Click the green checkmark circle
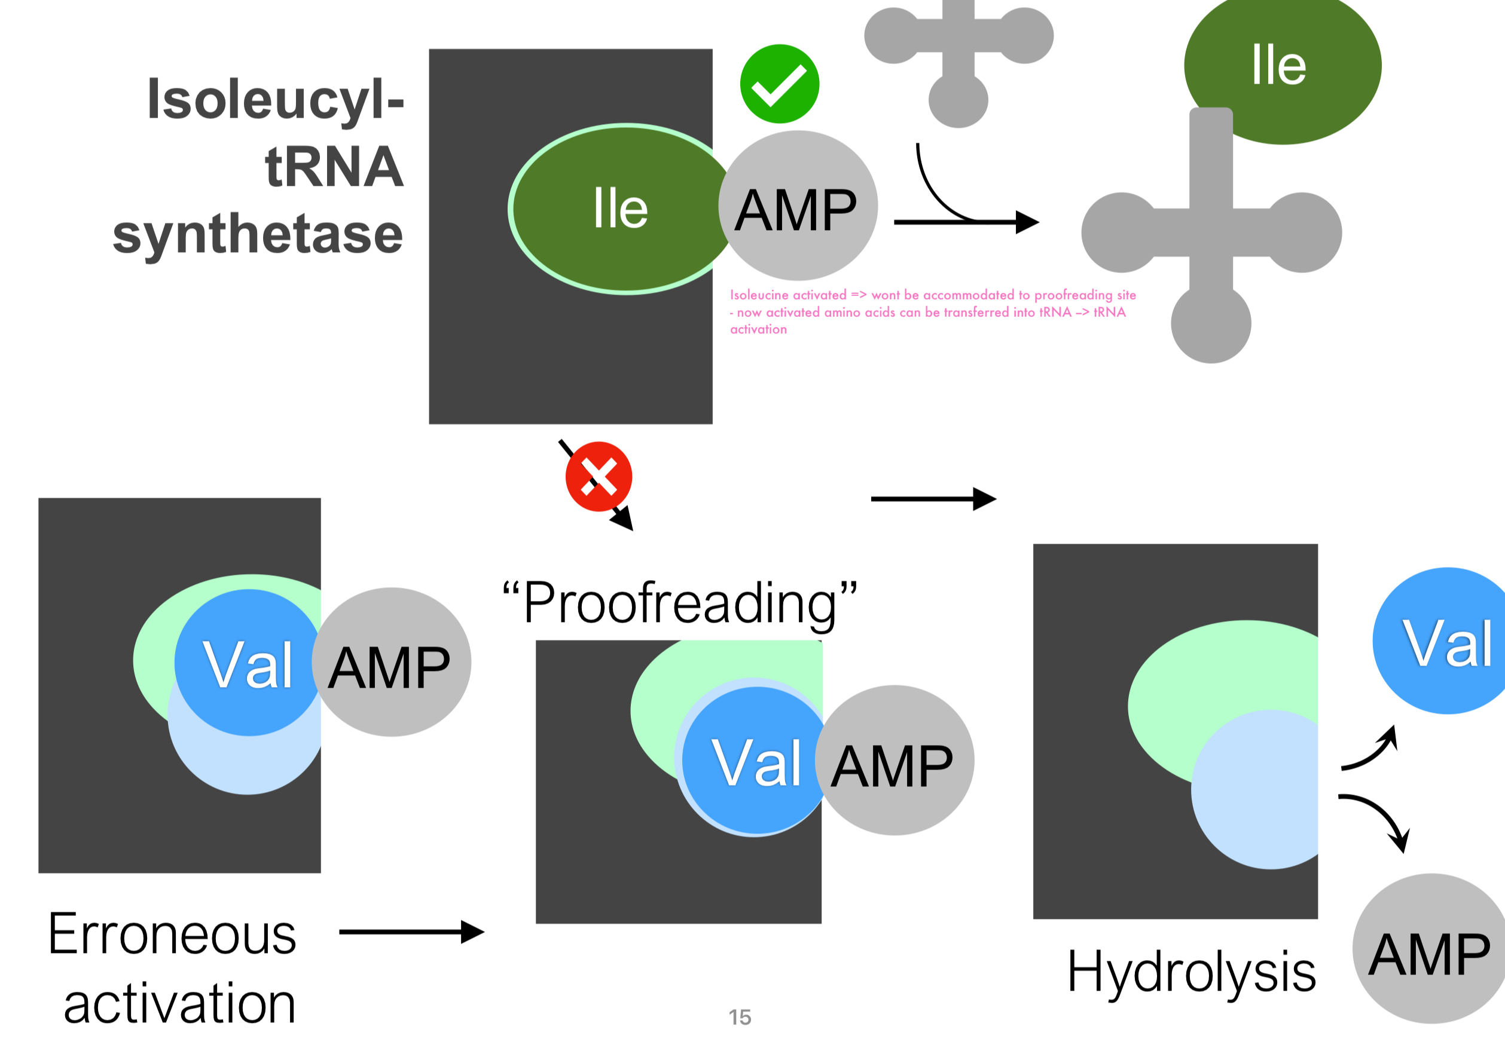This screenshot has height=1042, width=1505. pos(779,84)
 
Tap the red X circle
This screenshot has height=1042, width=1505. pos(599,477)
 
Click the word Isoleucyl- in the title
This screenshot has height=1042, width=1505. pos(276,100)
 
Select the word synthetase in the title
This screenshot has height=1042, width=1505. pos(258,234)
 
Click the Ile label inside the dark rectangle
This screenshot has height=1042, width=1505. pos(621,209)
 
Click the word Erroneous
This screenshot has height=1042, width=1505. pos(172,935)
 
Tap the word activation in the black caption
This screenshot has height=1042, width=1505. pos(179,1004)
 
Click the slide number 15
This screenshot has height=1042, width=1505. pos(740,1017)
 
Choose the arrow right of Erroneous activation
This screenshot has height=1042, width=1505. pos(411,931)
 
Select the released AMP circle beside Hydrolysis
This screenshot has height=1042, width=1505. pos(1429,950)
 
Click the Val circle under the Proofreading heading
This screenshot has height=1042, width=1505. pos(756,761)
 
